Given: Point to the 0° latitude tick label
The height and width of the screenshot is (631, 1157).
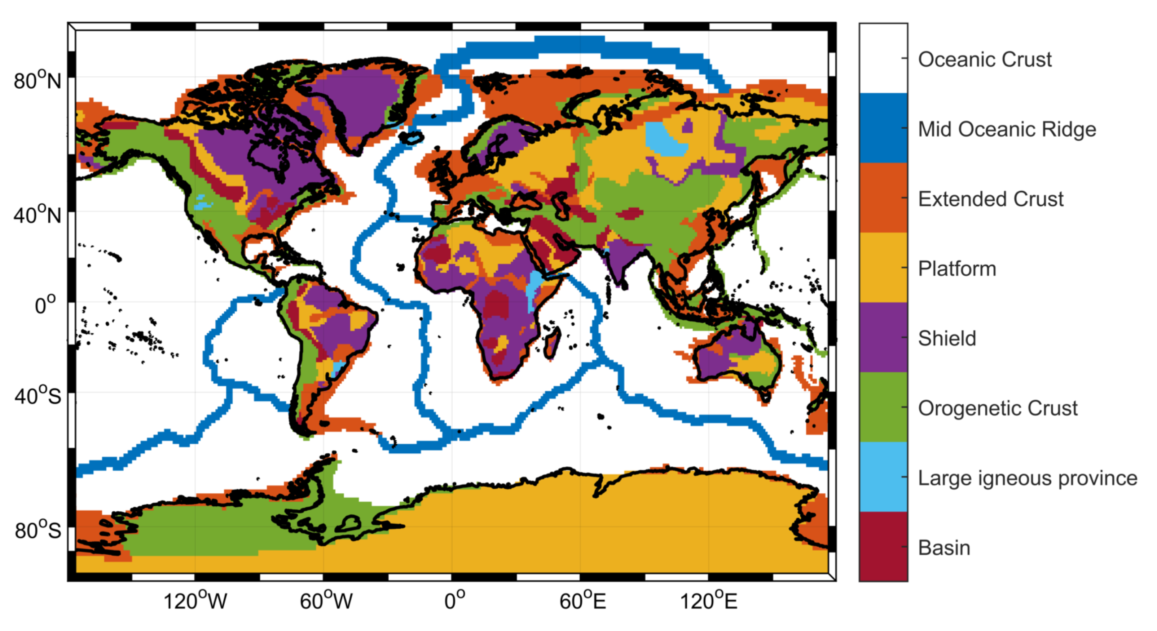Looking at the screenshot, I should (46, 305).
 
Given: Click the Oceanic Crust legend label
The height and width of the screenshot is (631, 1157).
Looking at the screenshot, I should (985, 59).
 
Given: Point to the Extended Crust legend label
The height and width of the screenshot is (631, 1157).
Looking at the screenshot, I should (990, 199).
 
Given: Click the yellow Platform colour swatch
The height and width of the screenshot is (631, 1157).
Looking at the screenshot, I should (883, 267).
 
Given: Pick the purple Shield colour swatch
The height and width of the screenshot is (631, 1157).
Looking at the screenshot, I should (883, 338).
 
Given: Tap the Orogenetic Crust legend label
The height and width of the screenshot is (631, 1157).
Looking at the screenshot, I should (998, 408).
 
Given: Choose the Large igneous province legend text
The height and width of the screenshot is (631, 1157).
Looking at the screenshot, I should (1028, 478).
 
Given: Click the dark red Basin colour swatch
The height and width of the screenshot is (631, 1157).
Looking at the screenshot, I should (883, 547).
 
